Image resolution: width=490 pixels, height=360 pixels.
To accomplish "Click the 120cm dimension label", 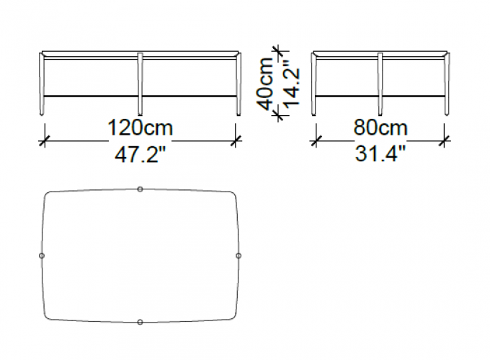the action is pyautogui.click(x=140, y=128).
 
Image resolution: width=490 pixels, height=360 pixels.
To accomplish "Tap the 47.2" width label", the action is pyautogui.click(x=140, y=155).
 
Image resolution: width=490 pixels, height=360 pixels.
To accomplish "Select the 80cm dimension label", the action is pyautogui.click(x=380, y=128).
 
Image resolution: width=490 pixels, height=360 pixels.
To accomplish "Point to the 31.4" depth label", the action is pyautogui.click(x=380, y=154).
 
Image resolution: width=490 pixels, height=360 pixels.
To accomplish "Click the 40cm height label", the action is pyautogui.click(x=265, y=84).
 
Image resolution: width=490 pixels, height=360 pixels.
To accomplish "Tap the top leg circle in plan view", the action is pyautogui.click(x=140, y=189).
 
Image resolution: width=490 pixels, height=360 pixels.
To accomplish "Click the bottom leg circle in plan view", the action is pyautogui.click(x=140, y=322).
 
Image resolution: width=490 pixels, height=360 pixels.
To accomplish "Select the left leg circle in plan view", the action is pyautogui.click(x=42, y=256).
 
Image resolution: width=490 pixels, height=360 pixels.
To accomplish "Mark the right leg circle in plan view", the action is pyautogui.click(x=239, y=256).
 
